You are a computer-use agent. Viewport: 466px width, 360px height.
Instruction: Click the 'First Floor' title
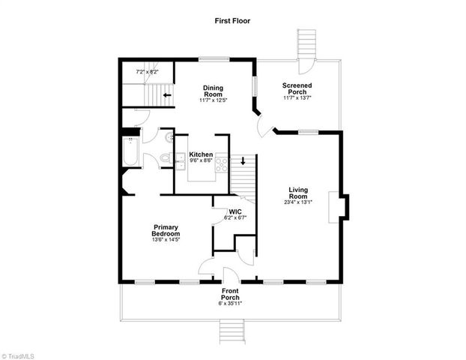click(234, 22)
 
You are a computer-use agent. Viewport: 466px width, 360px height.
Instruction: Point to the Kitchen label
click(200, 157)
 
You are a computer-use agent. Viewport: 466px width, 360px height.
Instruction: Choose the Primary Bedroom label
click(166, 231)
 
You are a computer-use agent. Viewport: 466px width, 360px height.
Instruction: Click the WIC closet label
click(234, 214)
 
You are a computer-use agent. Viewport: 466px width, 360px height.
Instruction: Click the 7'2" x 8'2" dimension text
click(146, 71)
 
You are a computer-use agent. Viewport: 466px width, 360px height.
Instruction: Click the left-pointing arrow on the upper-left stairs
click(166, 95)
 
